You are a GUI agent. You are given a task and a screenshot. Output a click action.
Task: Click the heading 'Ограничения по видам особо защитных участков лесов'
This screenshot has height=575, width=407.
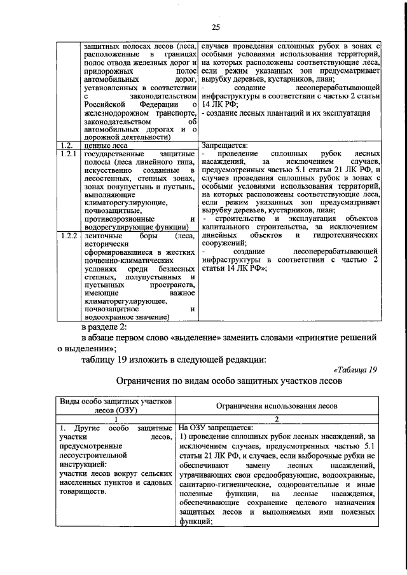pos(228,382)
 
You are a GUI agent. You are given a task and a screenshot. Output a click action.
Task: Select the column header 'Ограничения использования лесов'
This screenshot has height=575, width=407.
pos(276,405)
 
